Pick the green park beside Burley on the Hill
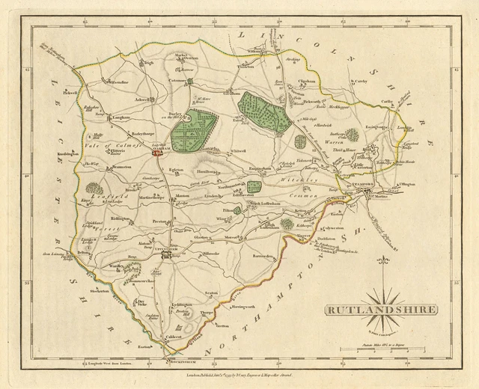point(193,129)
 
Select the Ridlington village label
point(120,219)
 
